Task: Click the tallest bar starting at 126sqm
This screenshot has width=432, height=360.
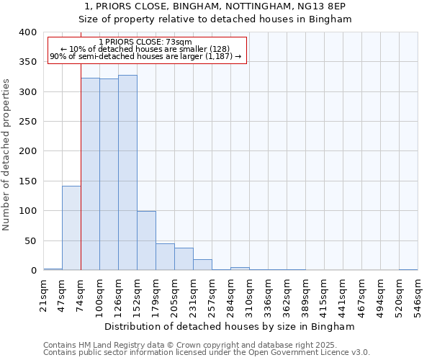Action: point(127,173)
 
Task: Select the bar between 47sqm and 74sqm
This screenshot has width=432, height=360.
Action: point(71,228)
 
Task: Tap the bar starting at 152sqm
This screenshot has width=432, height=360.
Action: point(146,240)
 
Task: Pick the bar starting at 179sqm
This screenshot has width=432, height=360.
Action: point(165,257)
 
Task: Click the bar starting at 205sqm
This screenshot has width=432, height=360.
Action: point(184,259)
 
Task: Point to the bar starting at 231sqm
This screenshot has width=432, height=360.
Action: point(202,265)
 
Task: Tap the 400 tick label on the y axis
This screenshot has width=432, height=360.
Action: point(27,32)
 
